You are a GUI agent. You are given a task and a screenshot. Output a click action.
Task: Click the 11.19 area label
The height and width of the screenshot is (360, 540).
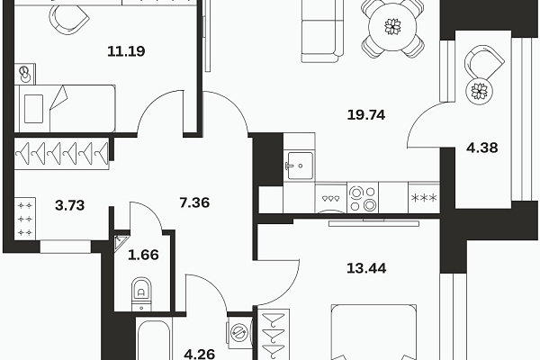pyautogui.click(x=126, y=51)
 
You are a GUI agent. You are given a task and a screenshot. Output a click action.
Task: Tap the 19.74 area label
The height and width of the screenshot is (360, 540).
pyautogui.click(x=366, y=114)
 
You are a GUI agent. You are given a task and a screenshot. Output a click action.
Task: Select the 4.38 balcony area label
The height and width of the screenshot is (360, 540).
pyautogui.click(x=482, y=148)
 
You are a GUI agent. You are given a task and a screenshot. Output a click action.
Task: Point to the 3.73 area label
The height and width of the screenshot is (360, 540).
pyautogui.click(x=70, y=205)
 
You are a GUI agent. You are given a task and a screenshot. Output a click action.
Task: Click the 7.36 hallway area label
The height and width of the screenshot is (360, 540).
pyautogui.click(x=194, y=202)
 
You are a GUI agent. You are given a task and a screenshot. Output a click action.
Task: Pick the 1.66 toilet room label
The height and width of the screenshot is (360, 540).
pyautogui.click(x=143, y=255)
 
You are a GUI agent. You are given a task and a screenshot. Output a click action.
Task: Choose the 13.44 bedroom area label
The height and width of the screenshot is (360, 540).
pyautogui.click(x=366, y=268)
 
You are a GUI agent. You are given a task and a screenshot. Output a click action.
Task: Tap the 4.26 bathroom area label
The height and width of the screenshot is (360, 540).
pyautogui.click(x=200, y=354)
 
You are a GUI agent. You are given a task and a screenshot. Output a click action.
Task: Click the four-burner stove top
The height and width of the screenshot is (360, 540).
pyautogui.click(x=363, y=198)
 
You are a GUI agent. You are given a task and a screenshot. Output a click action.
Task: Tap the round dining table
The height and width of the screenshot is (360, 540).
pyautogui.click(x=392, y=26)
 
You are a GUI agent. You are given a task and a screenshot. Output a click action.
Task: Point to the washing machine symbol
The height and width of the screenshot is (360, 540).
pyautogui.click(x=239, y=333)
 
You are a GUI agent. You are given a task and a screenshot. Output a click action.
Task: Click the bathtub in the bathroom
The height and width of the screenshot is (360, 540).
pyautogui.click(x=154, y=339)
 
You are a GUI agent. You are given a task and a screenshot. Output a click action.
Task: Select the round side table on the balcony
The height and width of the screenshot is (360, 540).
pyautogui.click(x=479, y=91)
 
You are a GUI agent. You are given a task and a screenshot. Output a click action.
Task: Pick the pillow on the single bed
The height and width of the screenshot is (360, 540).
pyautogui.click(x=34, y=109)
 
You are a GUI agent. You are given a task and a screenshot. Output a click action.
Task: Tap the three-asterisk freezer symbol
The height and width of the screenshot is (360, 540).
pyautogui.click(x=424, y=198)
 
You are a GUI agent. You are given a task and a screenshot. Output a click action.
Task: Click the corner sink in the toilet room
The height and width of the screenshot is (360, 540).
pyautogui.click(x=121, y=242)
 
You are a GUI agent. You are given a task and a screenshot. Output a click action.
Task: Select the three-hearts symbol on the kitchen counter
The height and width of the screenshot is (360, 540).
pyautogui.click(x=330, y=199)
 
